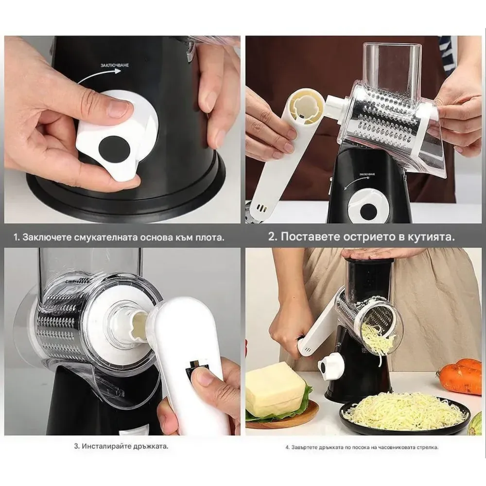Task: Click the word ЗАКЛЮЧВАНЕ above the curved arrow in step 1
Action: [x=114, y=65]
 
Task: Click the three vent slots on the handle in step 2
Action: [x=261, y=208]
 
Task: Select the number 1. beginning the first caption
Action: [x=17, y=238]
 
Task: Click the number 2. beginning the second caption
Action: [x=273, y=237]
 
